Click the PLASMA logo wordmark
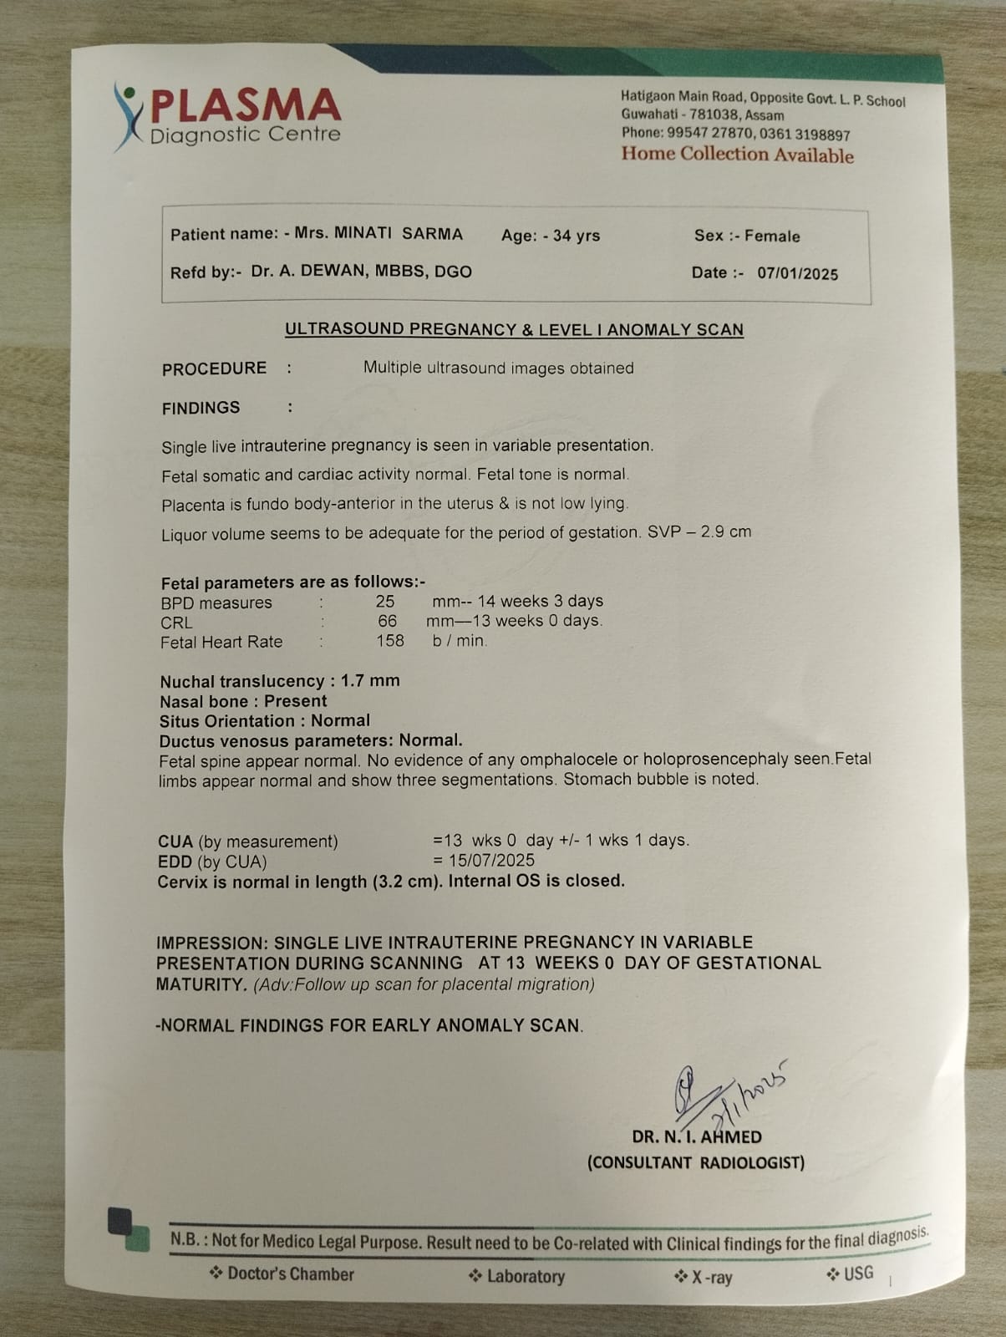[x=245, y=106]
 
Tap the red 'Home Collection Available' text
[x=737, y=155]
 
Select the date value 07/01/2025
[x=797, y=273]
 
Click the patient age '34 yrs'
[x=576, y=236]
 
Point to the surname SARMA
[x=432, y=234]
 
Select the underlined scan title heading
[x=514, y=329]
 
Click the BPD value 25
[x=384, y=602]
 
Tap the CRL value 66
[x=387, y=622]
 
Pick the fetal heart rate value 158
[x=389, y=641]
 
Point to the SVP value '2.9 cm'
[x=726, y=531]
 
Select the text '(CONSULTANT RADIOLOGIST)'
[x=696, y=1162]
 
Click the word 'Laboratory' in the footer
[x=525, y=1276]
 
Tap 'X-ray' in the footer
[x=711, y=1277]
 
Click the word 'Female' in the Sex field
[x=772, y=236]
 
